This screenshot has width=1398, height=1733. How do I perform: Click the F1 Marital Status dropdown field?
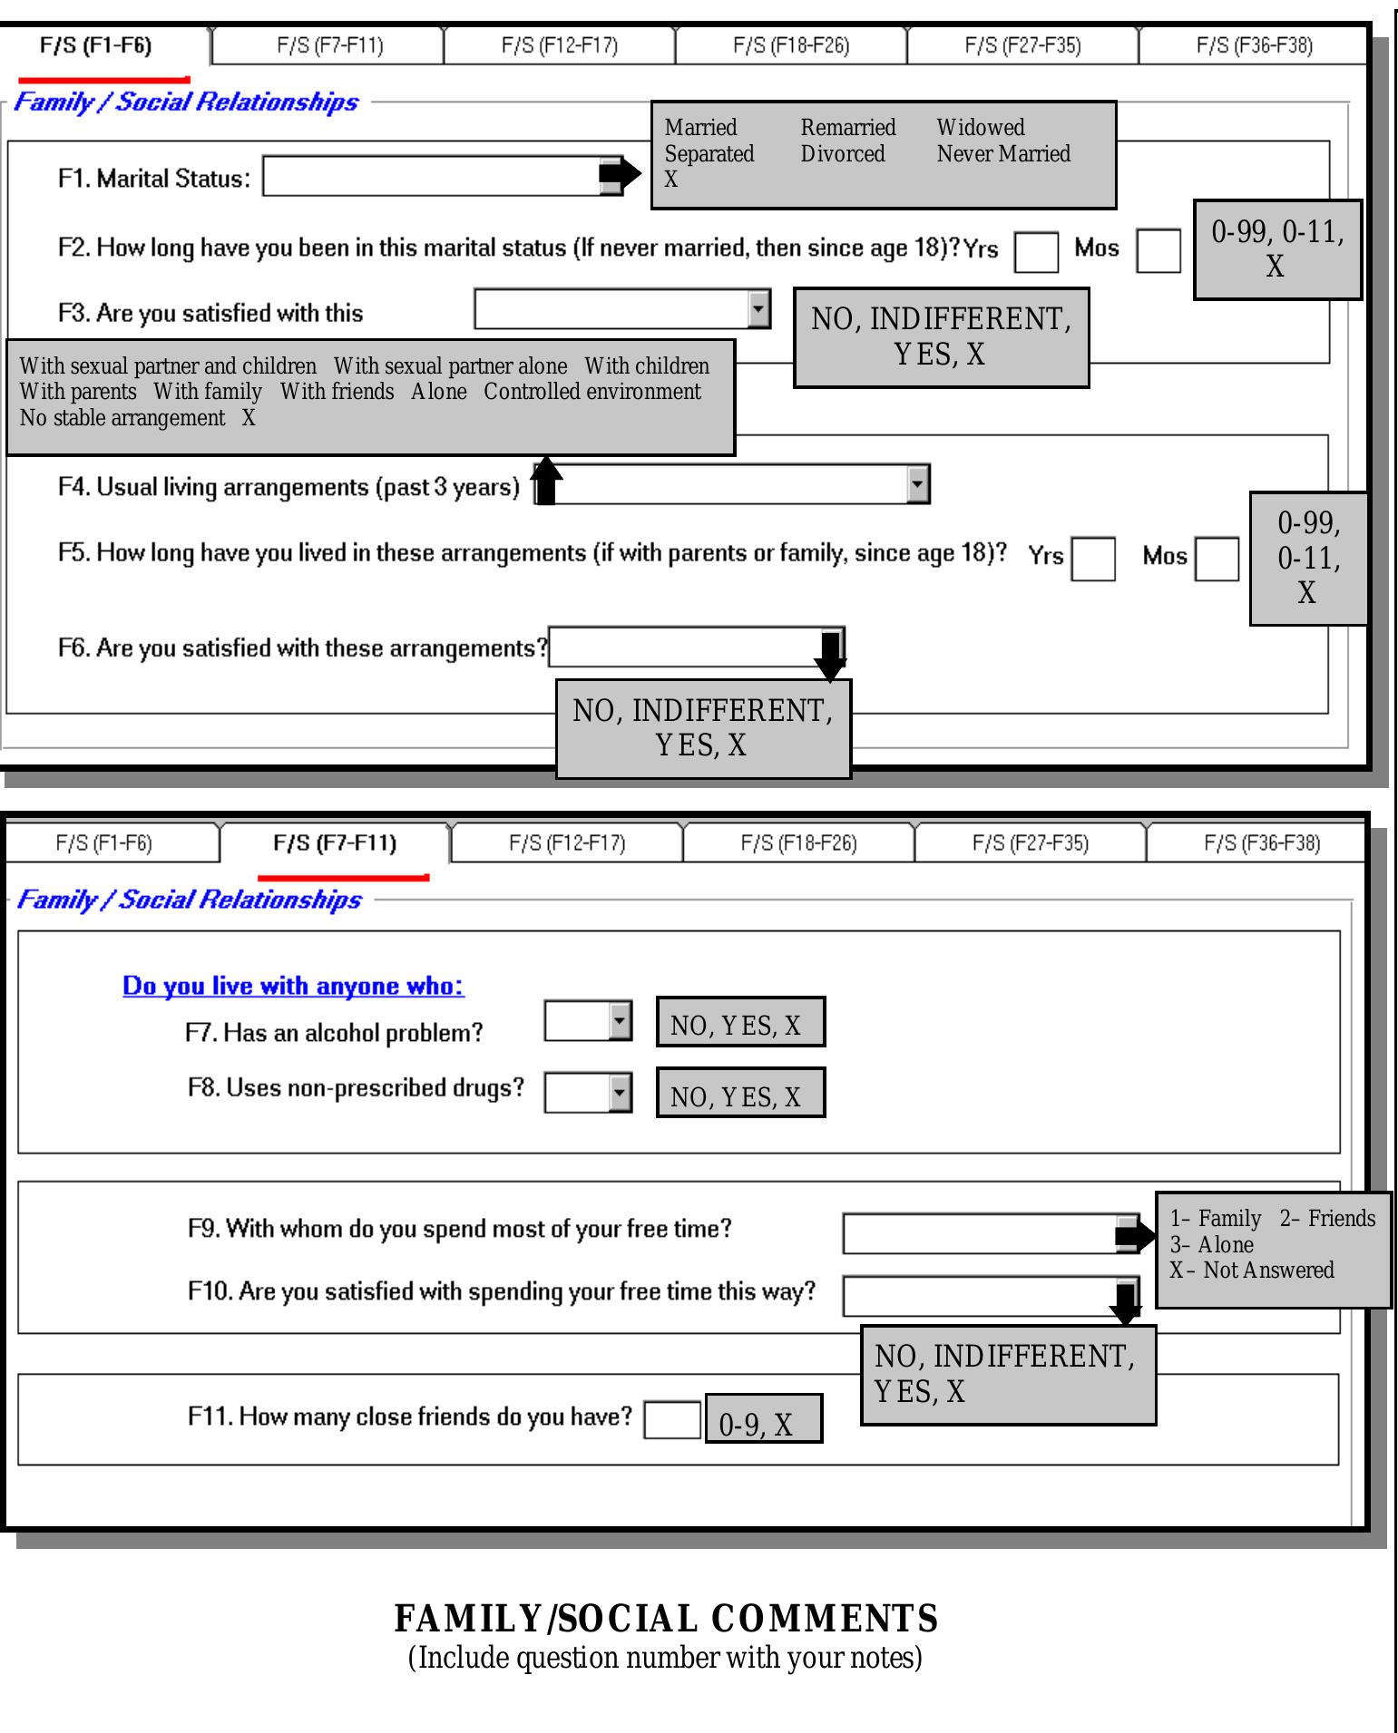point(431,177)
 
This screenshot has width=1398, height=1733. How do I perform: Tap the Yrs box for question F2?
point(1036,251)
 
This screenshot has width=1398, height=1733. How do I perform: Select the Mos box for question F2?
point(1158,251)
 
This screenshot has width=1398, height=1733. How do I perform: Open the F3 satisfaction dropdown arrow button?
point(759,309)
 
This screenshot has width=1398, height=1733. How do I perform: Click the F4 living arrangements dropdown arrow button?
point(918,484)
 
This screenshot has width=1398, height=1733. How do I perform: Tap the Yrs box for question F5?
point(1093,559)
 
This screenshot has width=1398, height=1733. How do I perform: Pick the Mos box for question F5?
point(1217,559)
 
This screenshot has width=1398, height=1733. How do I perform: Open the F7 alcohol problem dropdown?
point(588,1021)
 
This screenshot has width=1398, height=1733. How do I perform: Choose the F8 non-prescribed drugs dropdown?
point(588,1093)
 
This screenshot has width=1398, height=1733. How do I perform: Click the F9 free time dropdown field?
point(980,1234)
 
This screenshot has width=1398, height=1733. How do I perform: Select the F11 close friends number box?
point(672,1420)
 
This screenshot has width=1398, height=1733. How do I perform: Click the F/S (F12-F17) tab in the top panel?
point(560,45)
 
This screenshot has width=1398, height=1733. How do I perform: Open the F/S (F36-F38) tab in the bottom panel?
point(1262,843)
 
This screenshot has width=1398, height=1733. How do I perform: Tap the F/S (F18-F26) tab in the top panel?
point(791,45)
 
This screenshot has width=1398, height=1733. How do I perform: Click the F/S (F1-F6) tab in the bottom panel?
point(104,843)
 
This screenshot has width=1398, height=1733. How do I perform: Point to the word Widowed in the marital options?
point(981,128)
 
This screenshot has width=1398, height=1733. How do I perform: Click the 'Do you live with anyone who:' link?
point(293,986)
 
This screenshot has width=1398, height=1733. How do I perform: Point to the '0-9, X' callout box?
point(764,1419)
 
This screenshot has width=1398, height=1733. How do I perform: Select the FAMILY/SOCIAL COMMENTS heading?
point(666,1619)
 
